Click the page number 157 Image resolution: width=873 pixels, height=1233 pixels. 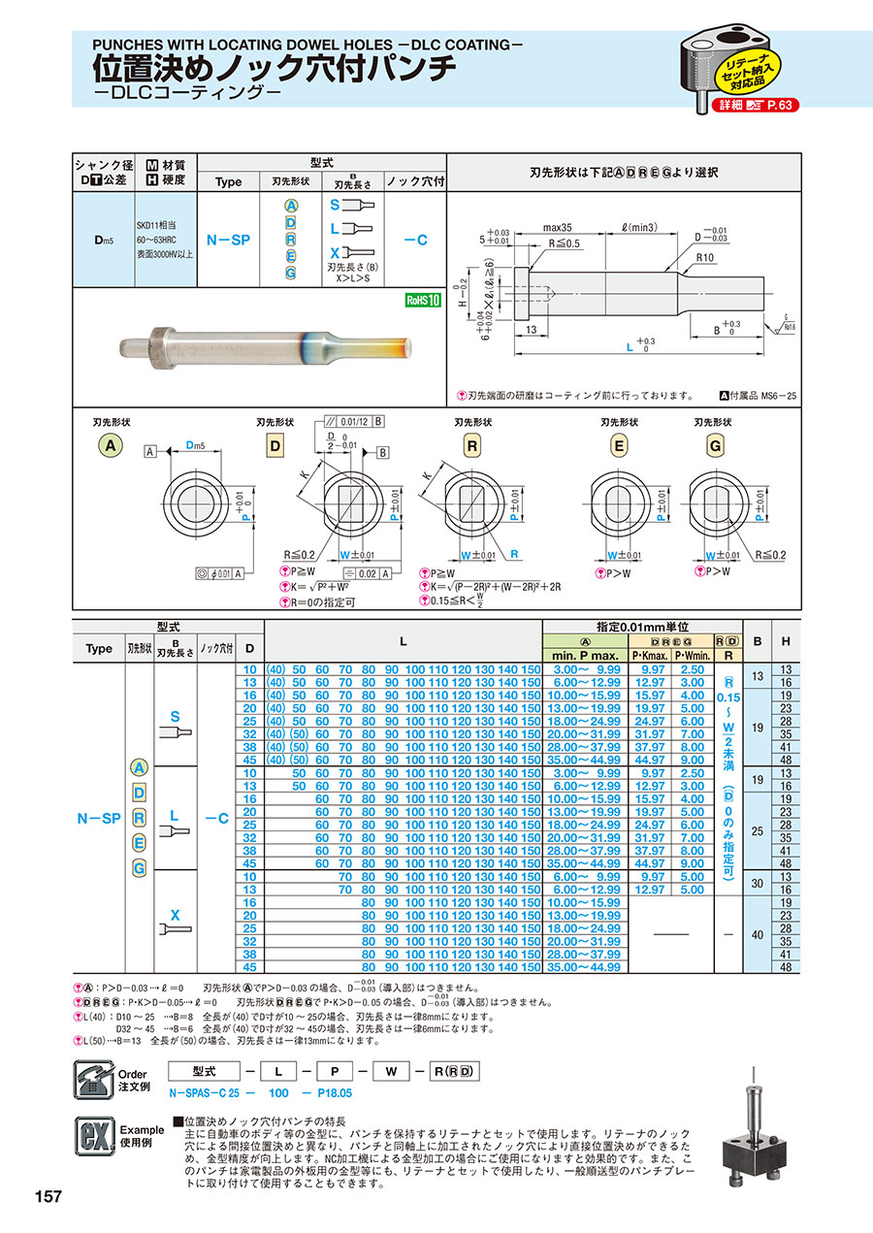point(48,1196)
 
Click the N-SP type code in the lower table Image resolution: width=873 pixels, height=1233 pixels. point(98,818)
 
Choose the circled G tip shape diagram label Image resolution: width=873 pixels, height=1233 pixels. point(716,445)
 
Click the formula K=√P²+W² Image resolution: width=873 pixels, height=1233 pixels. point(316,587)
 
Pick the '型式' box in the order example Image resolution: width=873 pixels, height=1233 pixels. point(203,1071)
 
